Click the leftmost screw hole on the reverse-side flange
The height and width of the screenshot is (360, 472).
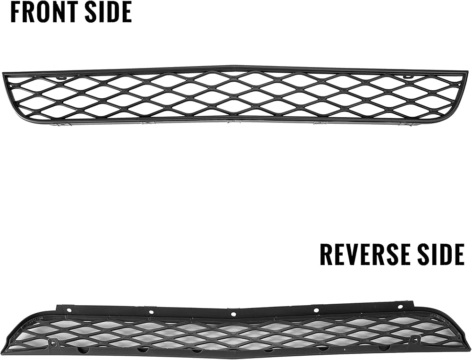click(70, 310)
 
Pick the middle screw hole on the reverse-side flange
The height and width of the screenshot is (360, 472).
click(233, 314)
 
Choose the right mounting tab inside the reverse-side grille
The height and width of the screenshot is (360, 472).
click(414, 339)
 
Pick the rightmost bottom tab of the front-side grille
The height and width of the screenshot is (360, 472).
click(403, 124)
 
